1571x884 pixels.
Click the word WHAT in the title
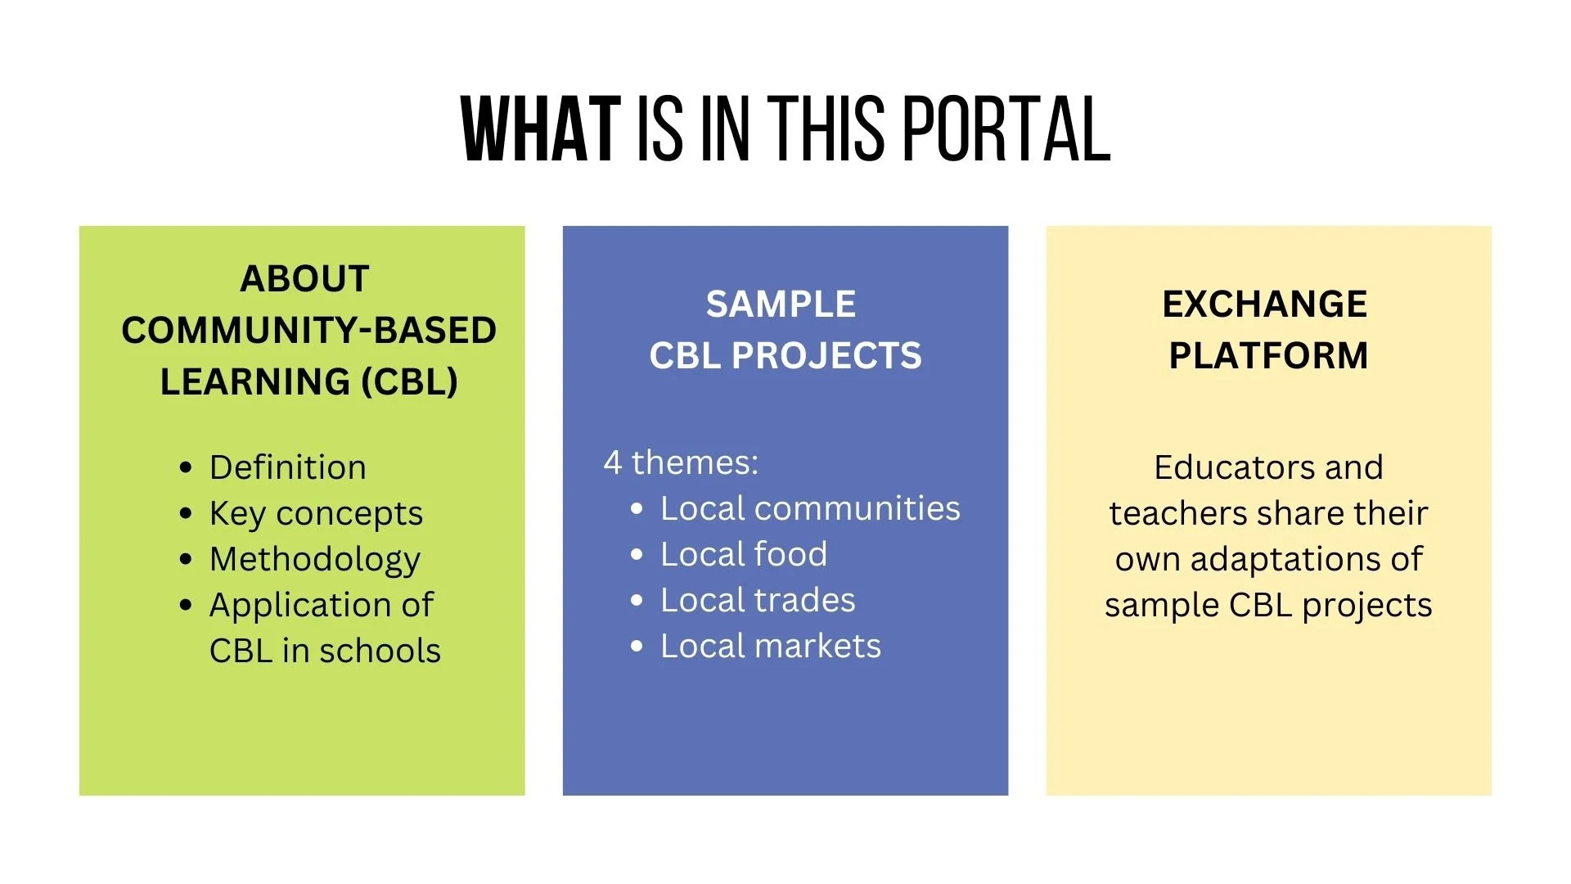[541, 129]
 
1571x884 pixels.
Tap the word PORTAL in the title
[1007, 129]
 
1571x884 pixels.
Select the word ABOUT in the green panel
[304, 279]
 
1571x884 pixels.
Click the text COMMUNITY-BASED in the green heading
[308, 331]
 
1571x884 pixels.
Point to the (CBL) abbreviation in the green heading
[410, 381]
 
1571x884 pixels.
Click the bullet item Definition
[287, 467]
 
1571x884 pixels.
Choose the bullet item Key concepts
[316, 514]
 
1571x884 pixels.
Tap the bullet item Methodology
[315, 560]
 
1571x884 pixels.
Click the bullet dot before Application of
[187, 606]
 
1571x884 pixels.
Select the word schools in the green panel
[380, 652]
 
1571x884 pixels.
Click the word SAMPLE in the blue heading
[781, 304]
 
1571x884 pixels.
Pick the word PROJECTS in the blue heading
[826, 356]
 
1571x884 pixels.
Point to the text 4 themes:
[681, 462]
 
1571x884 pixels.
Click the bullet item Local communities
[810, 508]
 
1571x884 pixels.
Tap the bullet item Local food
[744, 554]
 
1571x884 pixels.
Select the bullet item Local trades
[758, 600]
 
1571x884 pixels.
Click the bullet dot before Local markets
[637, 647]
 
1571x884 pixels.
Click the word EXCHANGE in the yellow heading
[1264, 304]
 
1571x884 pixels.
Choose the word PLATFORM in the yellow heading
[1268, 356]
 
